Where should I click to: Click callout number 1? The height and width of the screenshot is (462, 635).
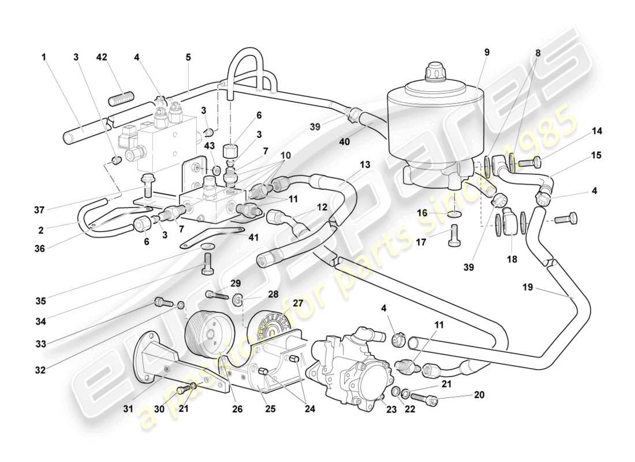[43, 57]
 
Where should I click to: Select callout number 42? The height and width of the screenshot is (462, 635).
[102, 57]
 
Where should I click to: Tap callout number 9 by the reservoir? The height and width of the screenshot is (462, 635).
[487, 52]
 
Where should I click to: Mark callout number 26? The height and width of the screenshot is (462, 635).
[237, 409]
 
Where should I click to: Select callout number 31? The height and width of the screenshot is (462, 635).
[128, 409]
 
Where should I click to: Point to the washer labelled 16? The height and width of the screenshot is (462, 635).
[455, 214]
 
